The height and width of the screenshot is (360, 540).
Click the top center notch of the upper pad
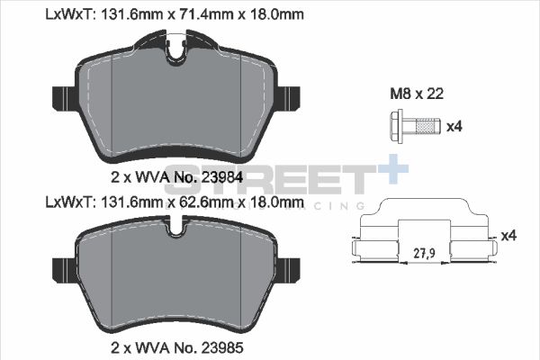178,52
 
